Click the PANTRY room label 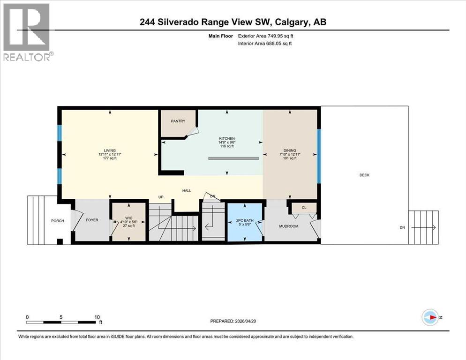point(178,121)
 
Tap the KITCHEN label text point(227,139)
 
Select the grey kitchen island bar point(233,159)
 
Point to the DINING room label point(289,150)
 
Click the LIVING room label point(110,150)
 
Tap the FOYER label point(92,220)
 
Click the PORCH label point(58,221)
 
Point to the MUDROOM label point(289,226)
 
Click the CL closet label point(304,207)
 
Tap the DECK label point(364,175)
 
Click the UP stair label point(161,197)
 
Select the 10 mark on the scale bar point(97,316)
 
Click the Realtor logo point(26,32)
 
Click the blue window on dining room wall point(319,156)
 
